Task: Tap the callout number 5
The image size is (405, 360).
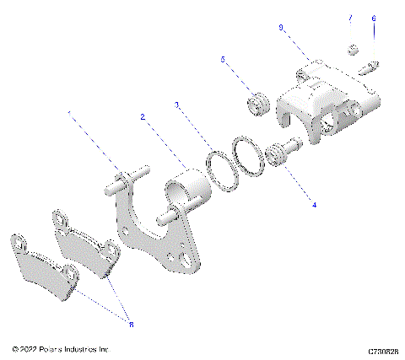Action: point(223,60)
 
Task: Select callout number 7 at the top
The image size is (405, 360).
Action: point(350,18)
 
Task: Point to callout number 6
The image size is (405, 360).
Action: point(374,18)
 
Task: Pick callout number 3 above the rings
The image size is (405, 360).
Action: point(175,105)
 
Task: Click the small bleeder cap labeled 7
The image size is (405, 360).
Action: point(354,48)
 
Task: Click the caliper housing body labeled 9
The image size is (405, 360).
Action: point(329,105)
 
